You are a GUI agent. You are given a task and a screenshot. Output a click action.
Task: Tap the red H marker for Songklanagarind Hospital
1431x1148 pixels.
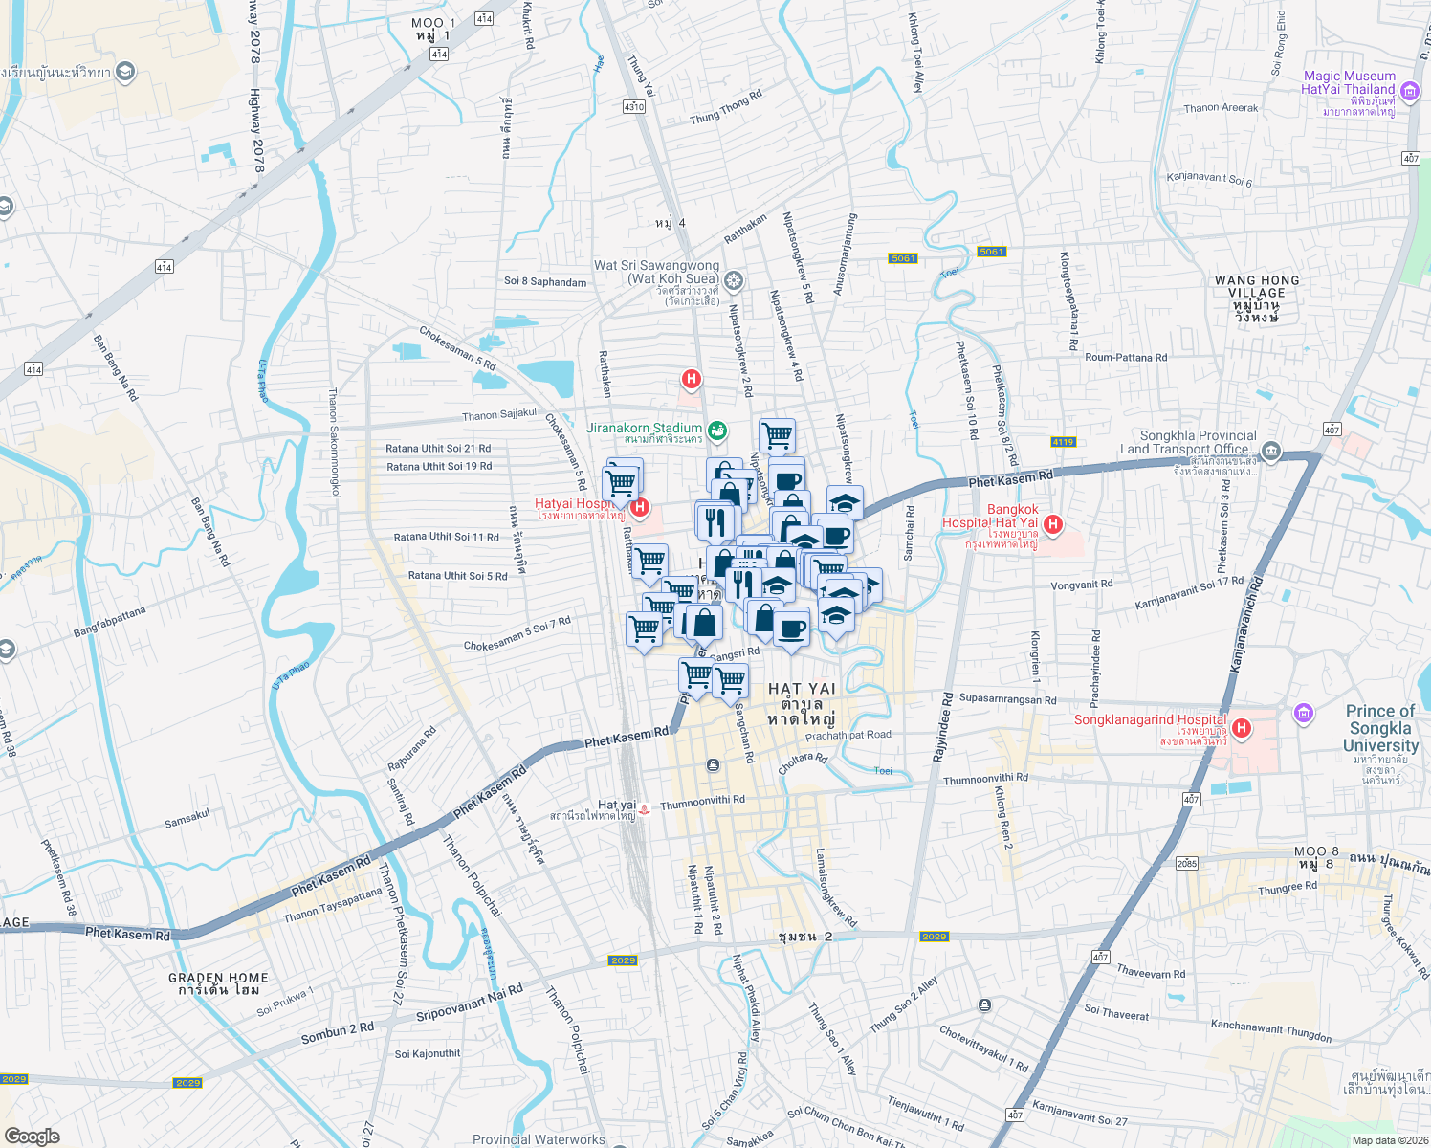click(x=1242, y=729)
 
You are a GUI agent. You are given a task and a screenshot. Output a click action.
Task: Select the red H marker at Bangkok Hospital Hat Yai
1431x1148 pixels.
click(x=1053, y=523)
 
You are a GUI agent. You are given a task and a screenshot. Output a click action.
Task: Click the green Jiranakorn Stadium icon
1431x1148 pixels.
click(x=717, y=430)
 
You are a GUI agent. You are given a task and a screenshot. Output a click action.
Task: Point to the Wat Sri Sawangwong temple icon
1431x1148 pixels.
click(x=734, y=280)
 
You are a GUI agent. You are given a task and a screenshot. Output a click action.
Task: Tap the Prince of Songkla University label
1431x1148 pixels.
click(x=1380, y=728)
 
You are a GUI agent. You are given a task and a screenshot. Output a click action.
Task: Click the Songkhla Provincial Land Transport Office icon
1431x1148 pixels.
click(x=1271, y=451)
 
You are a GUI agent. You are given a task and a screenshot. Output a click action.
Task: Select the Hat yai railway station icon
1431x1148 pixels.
click(x=645, y=808)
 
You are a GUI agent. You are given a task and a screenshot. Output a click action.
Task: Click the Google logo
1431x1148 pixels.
click(x=32, y=1136)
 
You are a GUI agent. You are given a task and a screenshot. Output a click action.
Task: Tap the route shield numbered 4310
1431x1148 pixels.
click(x=633, y=107)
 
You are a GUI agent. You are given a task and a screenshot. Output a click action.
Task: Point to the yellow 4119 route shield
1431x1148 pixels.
click(x=1063, y=442)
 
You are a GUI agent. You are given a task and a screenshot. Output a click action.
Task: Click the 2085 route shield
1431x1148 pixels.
click(x=1187, y=863)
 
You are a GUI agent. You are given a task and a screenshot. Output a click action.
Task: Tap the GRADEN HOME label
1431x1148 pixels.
click(x=218, y=978)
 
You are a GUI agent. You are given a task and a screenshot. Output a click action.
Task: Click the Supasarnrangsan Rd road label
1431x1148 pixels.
click(x=1007, y=699)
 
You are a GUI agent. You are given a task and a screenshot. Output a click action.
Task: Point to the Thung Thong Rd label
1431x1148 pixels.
click(x=726, y=107)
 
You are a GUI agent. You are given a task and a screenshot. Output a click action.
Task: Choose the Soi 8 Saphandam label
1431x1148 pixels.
click(x=545, y=281)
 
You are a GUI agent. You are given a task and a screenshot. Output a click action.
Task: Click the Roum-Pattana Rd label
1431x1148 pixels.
click(x=1126, y=358)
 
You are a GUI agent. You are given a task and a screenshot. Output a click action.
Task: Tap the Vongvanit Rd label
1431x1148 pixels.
click(x=1082, y=585)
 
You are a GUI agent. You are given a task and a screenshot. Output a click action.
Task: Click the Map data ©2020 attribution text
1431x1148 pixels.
click(x=1390, y=1140)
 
